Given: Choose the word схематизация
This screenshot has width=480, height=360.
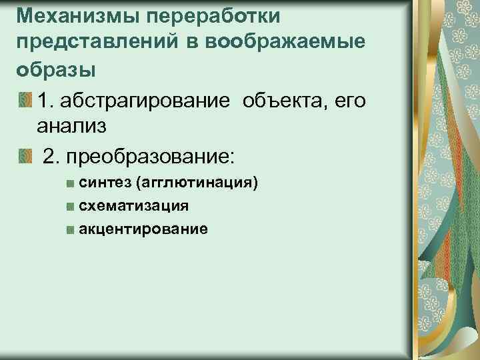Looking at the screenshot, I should [133, 207].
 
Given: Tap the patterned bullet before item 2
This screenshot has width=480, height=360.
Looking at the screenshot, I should [25, 157].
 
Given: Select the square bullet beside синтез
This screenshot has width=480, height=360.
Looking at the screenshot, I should [70, 184].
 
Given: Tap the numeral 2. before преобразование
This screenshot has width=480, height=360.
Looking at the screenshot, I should [51, 157].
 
